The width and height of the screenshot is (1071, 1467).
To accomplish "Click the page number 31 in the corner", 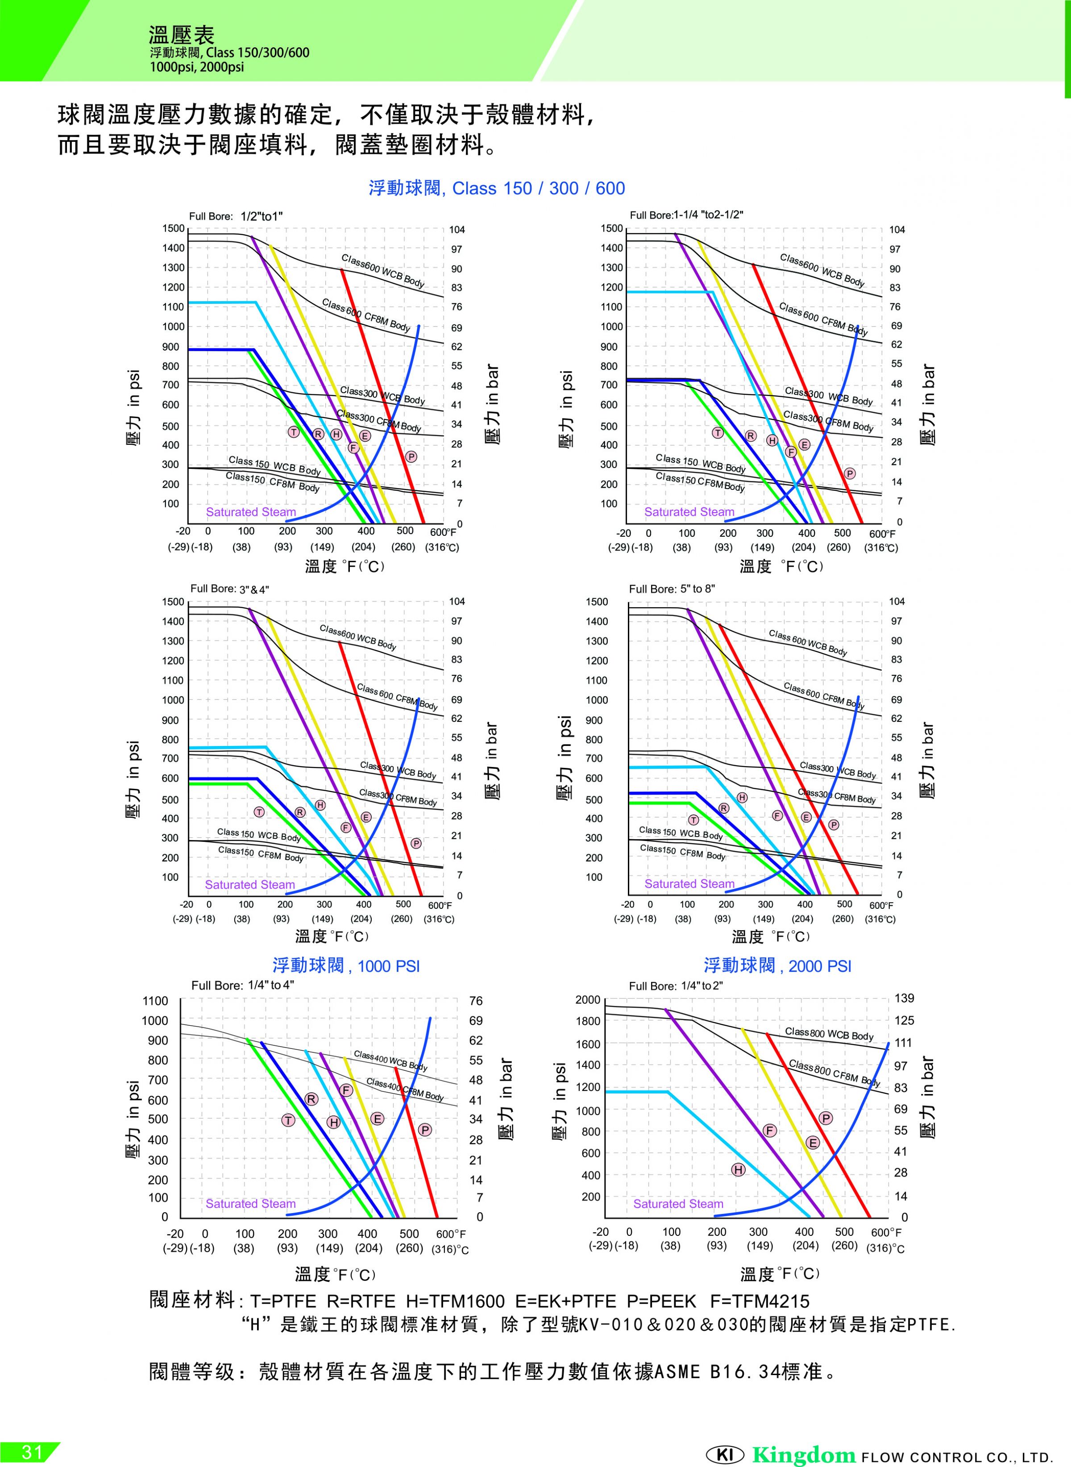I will (x=32, y=1451).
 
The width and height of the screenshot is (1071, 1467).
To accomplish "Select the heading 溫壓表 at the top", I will (x=182, y=35).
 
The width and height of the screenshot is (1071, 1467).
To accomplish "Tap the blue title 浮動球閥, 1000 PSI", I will (x=346, y=966).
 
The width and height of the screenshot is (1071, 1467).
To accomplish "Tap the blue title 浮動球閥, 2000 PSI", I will (x=777, y=966).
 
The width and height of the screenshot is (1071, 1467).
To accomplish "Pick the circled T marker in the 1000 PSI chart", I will (x=288, y=1121).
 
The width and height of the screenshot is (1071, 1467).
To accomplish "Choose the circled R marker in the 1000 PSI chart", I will (x=311, y=1099).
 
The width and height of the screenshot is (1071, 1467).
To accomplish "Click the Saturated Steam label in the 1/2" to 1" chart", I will (x=251, y=512).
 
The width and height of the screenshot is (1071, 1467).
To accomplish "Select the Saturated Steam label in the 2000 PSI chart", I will (x=678, y=1204).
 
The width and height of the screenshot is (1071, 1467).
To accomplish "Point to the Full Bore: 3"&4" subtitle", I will (x=229, y=588).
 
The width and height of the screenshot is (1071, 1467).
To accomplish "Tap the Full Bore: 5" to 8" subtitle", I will (x=672, y=588).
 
